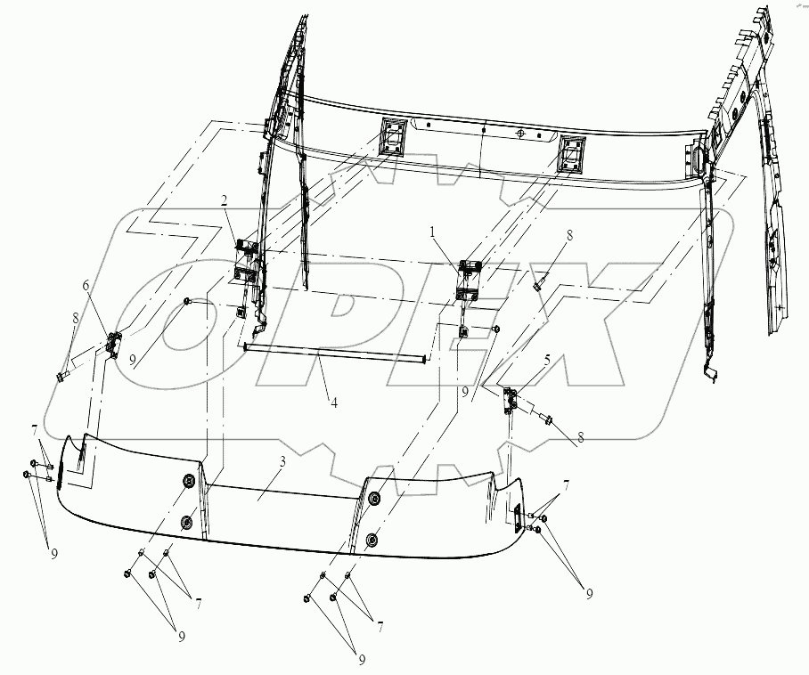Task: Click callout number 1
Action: (x=433, y=233)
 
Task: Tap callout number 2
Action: (x=224, y=201)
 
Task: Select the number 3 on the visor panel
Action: (x=282, y=461)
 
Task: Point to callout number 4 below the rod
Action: (x=334, y=403)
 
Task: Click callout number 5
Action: (x=547, y=359)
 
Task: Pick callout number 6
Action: (x=86, y=285)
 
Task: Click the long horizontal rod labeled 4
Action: (x=335, y=353)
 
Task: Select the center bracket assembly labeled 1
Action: (x=469, y=280)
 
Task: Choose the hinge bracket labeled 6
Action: (x=113, y=343)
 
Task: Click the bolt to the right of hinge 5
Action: (x=547, y=419)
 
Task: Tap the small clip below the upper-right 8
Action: (x=538, y=284)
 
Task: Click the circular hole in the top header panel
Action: (x=520, y=133)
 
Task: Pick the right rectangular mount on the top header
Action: (x=570, y=154)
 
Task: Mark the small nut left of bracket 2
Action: (x=188, y=301)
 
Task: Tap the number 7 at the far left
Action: (x=34, y=429)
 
